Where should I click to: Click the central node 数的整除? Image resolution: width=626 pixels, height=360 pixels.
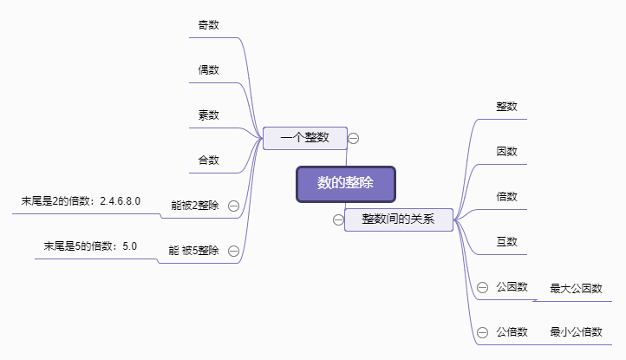[x=345, y=184]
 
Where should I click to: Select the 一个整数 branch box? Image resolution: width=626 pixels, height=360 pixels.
[x=305, y=138]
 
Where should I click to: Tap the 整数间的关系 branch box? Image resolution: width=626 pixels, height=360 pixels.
[x=399, y=219]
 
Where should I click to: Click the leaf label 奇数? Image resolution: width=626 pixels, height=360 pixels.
[x=208, y=24]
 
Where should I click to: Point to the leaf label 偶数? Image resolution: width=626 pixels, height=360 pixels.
[x=208, y=69]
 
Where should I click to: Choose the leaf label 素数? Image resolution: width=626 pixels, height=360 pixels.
[x=208, y=115]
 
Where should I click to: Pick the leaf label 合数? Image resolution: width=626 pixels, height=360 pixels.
[x=208, y=160]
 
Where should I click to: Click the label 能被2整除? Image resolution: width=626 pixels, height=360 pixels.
[x=195, y=206]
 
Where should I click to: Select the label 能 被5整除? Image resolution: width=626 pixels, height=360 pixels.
[x=193, y=251]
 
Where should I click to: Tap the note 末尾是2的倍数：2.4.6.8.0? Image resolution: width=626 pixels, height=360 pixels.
[x=82, y=201]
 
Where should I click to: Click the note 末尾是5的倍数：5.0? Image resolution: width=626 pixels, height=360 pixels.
[x=91, y=246]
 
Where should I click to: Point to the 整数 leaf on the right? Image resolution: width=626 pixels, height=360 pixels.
[x=507, y=106]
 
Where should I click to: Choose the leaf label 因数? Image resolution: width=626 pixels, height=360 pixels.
[x=507, y=151]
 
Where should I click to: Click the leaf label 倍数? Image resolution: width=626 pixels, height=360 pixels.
[x=507, y=196]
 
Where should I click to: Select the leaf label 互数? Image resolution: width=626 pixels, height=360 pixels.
[x=507, y=241]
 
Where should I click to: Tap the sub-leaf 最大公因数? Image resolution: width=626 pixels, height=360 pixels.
[x=576, y=288]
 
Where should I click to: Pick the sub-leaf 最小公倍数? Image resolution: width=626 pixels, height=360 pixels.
[x=576, y=332]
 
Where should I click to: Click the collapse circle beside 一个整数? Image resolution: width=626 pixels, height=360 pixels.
[x=354, y=138]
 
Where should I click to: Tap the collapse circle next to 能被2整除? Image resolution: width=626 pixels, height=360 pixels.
[x=233, y=206]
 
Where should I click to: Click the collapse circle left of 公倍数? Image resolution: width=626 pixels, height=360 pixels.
[x=482, y=332]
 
